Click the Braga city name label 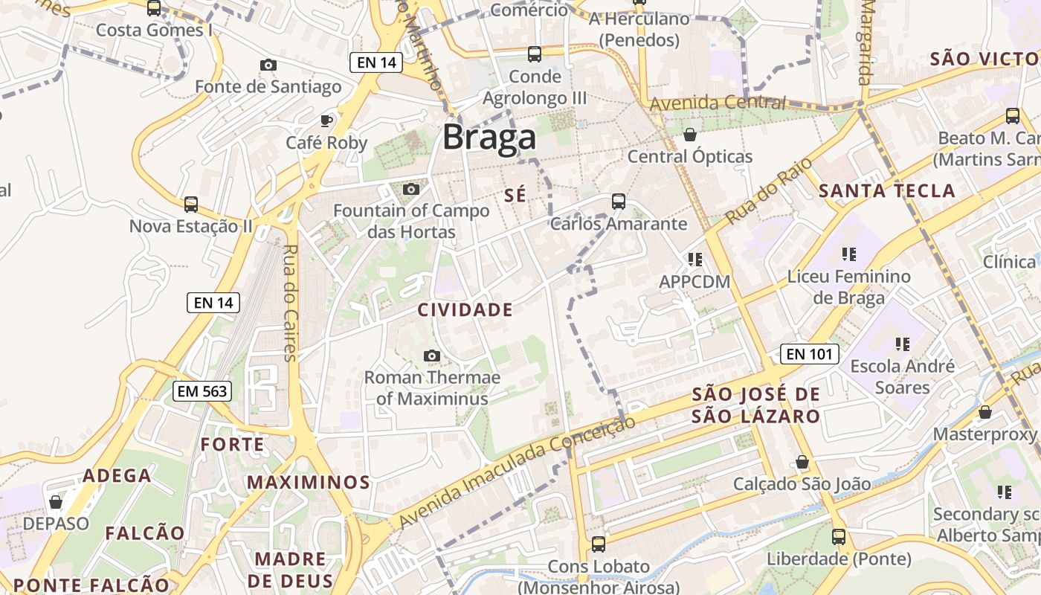[489, 138]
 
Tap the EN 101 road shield [810, 354]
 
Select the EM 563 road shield [202, 391]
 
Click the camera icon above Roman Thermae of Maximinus [431, 356]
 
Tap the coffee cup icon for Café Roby [326, 120]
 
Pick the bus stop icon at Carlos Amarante [618, 201]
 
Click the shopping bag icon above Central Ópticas [689, 135]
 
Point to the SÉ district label [515, 196]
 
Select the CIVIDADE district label [465, 310]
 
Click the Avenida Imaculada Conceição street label [518, 472]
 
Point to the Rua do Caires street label [290, 302]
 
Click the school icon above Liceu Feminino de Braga [849, 254]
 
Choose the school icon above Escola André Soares [902, 344]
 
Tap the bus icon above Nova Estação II [191, 204]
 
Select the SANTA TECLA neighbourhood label [886, 191]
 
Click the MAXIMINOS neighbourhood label [309, 483]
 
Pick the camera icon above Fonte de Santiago [268, 65]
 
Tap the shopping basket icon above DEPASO [55, 502]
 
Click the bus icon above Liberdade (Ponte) [839, 536]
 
